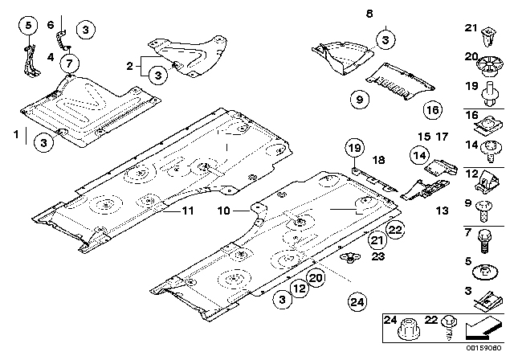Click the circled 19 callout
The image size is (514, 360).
click(x=354, y=146)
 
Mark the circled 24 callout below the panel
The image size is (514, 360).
click(x=355, y=302)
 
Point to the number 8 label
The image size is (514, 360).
click(x=391, y=14)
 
